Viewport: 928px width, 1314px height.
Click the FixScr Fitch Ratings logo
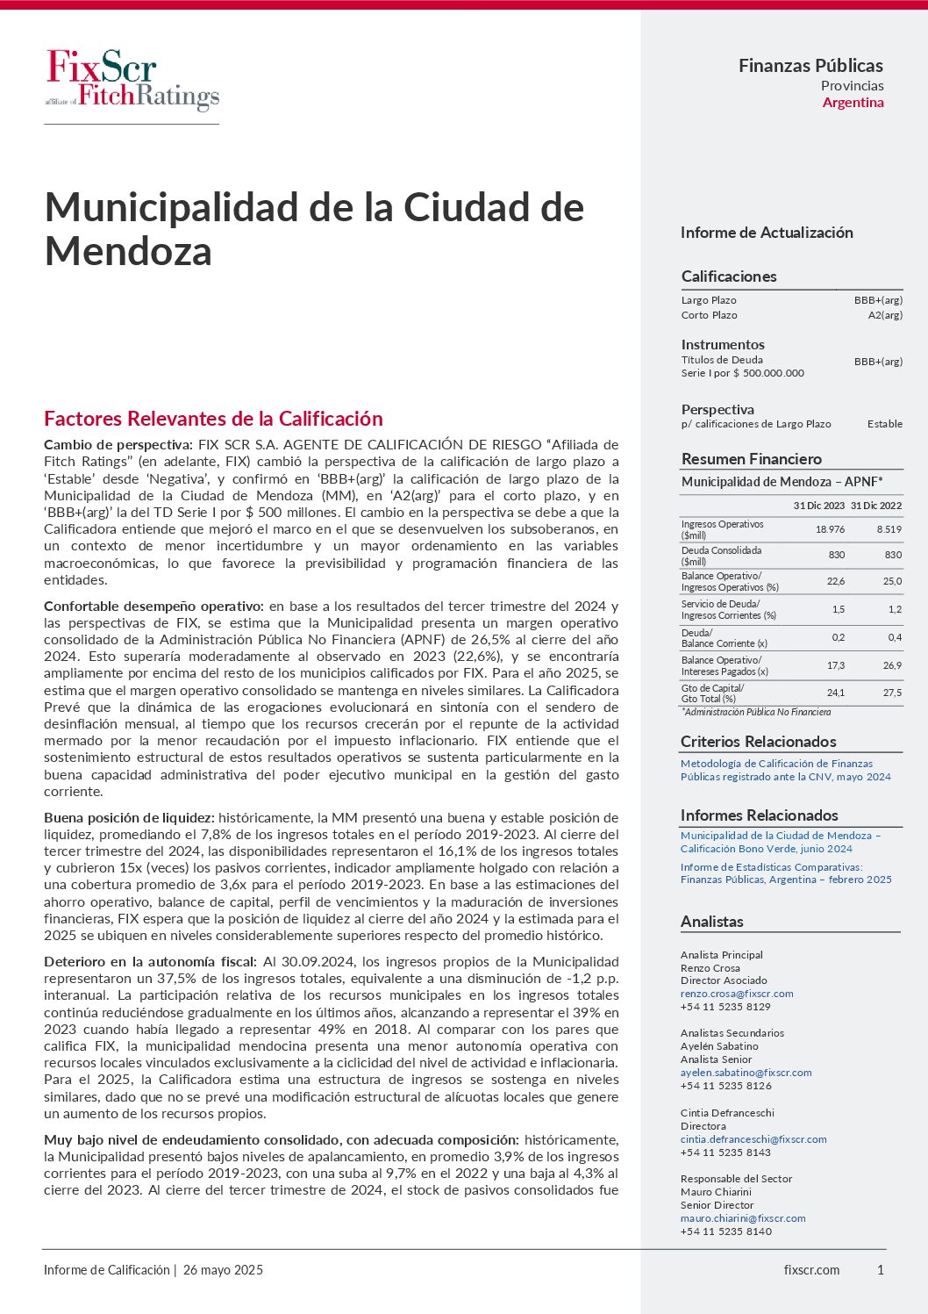132,80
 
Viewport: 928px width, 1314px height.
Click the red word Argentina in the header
853,103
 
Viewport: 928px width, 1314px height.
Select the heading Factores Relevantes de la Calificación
213,419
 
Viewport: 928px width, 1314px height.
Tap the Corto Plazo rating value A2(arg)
885,315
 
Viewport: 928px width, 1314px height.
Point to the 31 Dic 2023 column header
818,506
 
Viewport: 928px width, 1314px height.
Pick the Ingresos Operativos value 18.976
830,529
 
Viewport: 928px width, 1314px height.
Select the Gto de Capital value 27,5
892,693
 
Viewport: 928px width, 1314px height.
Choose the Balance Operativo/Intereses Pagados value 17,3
836,665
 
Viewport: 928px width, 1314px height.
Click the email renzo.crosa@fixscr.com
737,994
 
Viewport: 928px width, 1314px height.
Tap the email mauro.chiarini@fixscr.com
743,1218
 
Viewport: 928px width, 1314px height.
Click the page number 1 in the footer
881,1270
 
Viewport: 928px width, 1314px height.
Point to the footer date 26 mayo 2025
223,1270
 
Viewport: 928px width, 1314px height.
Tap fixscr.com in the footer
811,1270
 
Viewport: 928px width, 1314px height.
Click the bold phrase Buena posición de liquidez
129,817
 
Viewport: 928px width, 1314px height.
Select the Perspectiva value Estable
884,424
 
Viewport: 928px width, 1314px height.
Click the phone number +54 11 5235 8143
725,1152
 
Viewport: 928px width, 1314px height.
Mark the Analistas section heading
711,922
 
